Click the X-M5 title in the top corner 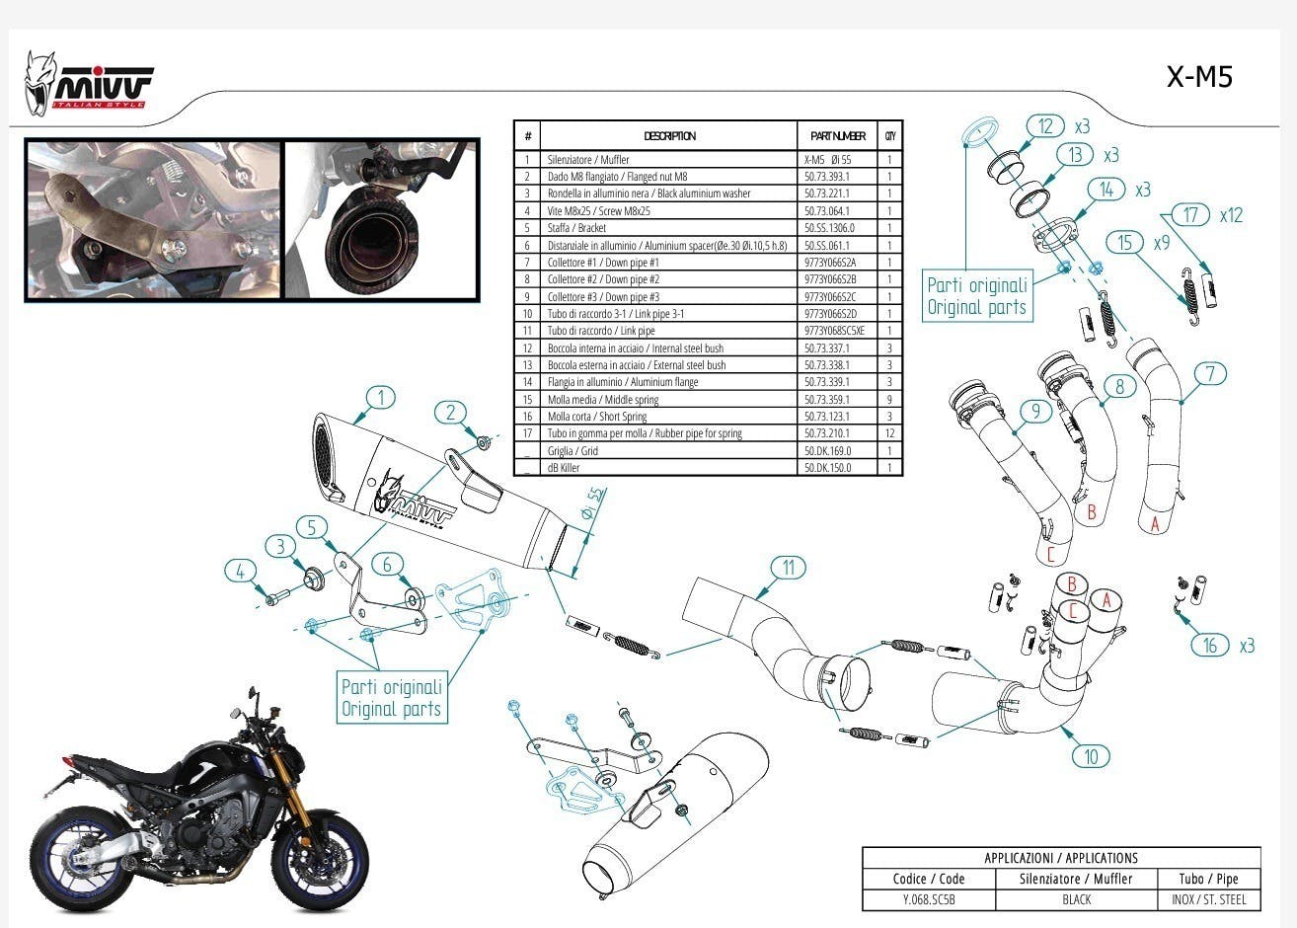coord(1199,77)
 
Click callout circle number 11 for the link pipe coord(788,568)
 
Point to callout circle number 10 coord(1091,756)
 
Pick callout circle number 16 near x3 coord(1210,646)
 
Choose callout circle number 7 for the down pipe coord(1210,374)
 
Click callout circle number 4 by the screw coord(240,571)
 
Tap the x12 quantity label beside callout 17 coord(1231,215)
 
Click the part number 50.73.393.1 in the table coord(826,177)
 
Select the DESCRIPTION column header coord(669,136)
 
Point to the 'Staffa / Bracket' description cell coord(577,228)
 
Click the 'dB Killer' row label coord(565,468)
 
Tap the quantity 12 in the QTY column coord(889,433)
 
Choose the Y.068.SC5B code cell coord(929,899)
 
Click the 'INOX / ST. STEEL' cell coord(1209,899)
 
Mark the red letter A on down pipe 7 coord(1155,524)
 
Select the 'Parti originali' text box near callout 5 coord(391,698)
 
